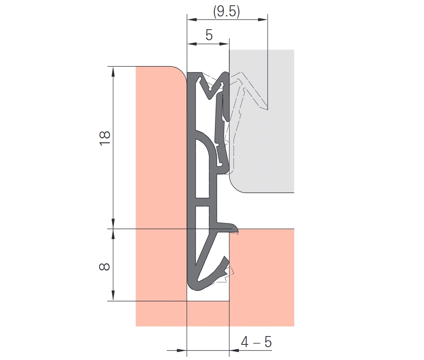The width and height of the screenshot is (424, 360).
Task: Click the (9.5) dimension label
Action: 226,12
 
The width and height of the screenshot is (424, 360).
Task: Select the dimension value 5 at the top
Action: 209,35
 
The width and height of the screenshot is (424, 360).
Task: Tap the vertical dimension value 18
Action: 105,138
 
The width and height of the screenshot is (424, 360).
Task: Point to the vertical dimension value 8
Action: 105,266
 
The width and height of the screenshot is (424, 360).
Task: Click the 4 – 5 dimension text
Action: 256,342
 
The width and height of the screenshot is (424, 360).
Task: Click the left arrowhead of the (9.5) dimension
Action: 192,19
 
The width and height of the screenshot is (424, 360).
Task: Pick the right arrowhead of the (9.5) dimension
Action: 263,19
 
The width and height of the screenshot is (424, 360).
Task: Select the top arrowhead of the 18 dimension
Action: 113,71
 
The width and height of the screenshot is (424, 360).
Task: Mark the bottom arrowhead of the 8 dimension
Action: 113,296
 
